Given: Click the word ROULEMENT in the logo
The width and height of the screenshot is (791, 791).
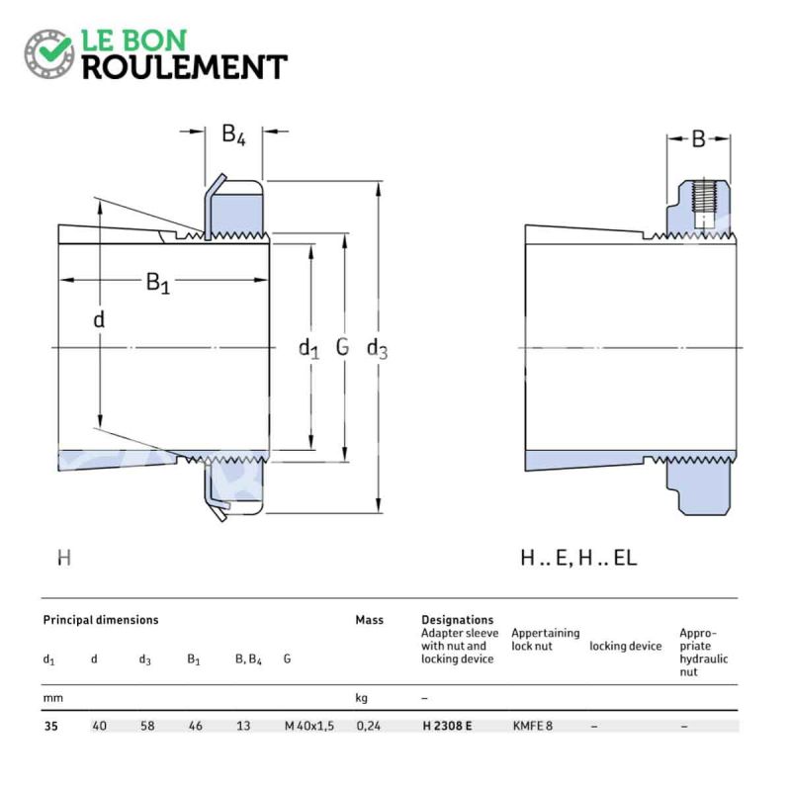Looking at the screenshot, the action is point(185,67).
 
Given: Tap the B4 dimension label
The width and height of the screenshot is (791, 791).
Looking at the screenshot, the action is point(233,134).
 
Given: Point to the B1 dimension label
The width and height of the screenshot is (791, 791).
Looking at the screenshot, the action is point(158,283).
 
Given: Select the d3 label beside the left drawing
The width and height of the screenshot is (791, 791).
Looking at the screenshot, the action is point(377,349).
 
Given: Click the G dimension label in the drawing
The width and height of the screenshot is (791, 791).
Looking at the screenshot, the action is point(342,347).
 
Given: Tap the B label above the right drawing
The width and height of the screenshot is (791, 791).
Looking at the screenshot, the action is point(699,138).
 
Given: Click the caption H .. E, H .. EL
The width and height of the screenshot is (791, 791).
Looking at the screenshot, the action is point(578,558).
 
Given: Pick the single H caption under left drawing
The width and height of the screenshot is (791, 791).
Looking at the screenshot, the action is point(64,558).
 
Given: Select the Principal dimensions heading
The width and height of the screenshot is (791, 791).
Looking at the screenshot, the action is point(101,620).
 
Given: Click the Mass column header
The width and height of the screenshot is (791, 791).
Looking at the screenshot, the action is point(369,620).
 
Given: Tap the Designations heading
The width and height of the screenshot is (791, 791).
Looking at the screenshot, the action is point(457,620).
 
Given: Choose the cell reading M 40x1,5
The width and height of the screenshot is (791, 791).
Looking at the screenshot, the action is point(309,726).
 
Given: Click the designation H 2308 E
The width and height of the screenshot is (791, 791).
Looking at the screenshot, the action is point(448,726).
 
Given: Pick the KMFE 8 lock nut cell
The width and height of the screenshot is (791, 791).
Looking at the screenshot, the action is point(533,726).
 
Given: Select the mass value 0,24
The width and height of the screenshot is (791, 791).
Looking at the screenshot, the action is point(368,726).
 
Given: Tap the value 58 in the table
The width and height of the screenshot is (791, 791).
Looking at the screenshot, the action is point(147,726).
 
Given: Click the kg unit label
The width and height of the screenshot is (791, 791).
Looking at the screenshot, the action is point(361,698).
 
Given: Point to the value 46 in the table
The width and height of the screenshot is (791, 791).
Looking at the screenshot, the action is point(195,726).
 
